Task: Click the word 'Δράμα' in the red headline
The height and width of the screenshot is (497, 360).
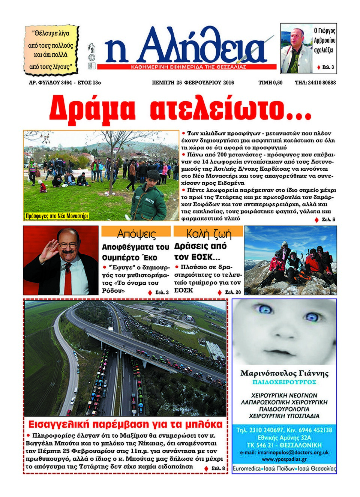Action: point(92,108)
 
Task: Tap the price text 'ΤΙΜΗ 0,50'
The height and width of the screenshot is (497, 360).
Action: point(270,83)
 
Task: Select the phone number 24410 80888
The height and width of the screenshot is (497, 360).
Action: point(322,83)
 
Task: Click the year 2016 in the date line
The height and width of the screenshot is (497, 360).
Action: point(228,83)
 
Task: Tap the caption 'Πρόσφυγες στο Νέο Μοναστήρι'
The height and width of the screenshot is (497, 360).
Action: point(57,216)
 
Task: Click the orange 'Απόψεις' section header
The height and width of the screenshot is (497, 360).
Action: point(136,233)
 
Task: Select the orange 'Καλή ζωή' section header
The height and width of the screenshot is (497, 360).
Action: point(208,233)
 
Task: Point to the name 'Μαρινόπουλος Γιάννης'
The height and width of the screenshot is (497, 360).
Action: point(284,373)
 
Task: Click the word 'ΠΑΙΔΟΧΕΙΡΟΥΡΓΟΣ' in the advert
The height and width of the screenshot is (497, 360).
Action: point(284,382)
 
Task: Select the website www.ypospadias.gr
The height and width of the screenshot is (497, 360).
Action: point(284,459)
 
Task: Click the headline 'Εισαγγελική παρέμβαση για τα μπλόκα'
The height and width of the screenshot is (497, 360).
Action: point(126,424)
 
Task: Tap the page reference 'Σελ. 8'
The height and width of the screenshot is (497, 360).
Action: point(218,468)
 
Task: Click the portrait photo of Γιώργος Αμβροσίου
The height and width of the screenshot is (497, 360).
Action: point(297,49)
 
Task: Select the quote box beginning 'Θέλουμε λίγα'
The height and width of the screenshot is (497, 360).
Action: point(51,50)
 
